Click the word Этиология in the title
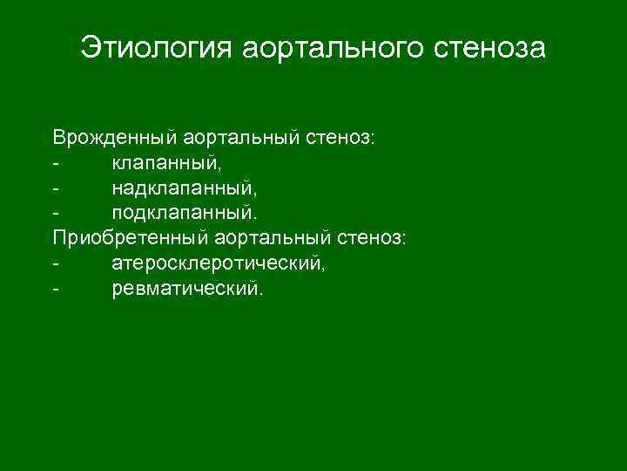pyautogui.click(x=153, y=48)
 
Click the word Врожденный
pyautogui.click(x=114, y=138)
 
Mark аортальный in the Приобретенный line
pyautogui.click(x=274, y=237)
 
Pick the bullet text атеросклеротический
pyautogui.click(x=219, y=263)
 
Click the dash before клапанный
pyautogui.click(x=56, y=164)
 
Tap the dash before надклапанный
pyautogui.click(x=56, y=188)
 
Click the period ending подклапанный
pyautogui.click(x=257, y=217)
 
